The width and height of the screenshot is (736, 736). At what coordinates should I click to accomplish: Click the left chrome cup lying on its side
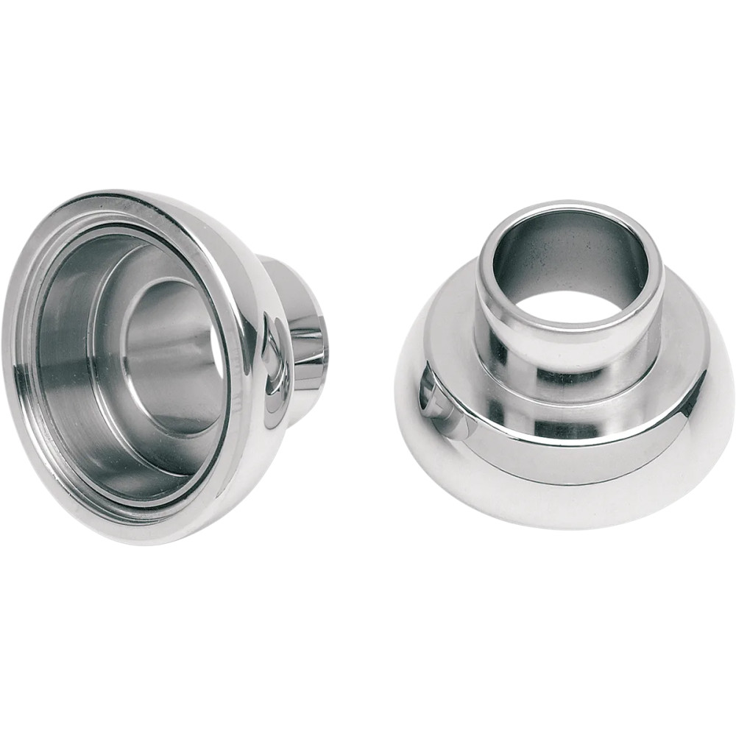pos(147,368)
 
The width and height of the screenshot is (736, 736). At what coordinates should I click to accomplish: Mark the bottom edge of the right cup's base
pos(559,524)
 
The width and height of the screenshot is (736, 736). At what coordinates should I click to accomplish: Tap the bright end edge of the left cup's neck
pos(321,346)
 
